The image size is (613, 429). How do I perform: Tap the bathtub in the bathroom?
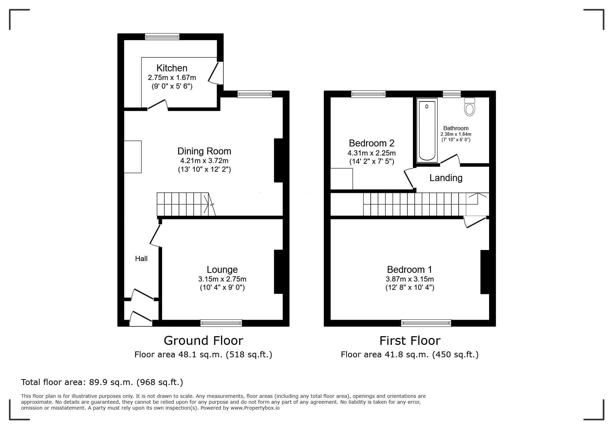[427, 130]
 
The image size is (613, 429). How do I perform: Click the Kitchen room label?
[172, 68]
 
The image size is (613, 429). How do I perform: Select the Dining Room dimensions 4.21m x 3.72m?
[204, 161]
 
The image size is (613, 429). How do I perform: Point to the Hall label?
[141, 259]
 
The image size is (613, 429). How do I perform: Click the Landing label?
[446, 178]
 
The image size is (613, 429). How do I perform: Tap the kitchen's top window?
[162, 36]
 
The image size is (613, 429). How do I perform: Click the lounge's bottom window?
[221, 323]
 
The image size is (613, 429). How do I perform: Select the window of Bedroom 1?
[426, 323]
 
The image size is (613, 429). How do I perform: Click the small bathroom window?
[452, 94]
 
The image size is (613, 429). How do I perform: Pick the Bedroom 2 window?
[368, 94]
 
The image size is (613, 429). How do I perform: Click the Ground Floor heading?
[204, 341]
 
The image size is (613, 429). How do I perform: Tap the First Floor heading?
[410, 341]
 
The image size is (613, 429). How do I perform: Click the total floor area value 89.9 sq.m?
[111, 382]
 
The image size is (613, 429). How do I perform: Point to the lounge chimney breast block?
[279, 272]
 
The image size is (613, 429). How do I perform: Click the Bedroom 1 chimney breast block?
[485, 272]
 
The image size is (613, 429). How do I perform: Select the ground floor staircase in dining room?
[183, 204]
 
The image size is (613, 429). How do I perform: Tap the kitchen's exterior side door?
[215, 73]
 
